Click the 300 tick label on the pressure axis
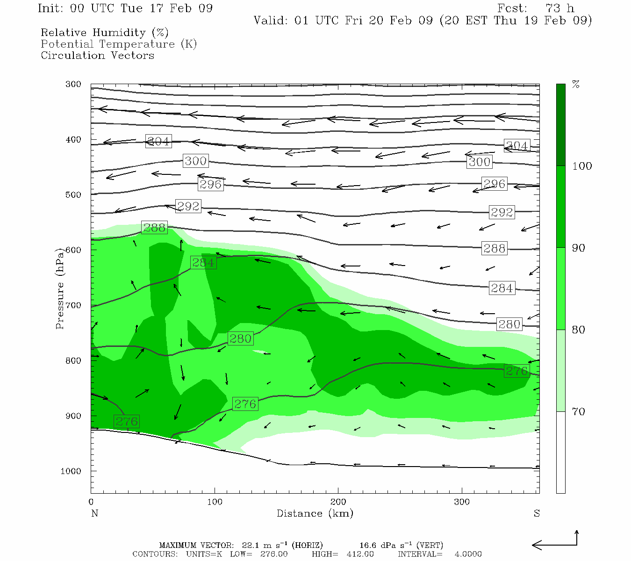coord(73,85)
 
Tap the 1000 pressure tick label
coord(71,471)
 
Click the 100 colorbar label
coord(582,166)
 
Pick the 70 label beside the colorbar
coord(579,412)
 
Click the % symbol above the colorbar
coord(576,85)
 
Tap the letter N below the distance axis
coord(94,513)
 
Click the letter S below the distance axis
coord(537,513)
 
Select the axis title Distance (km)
coord(315,513)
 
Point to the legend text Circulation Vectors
coord(97,56)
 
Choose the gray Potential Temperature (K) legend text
coord(119,44)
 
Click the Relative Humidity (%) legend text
coord(104,33)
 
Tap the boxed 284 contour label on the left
coord(203,263)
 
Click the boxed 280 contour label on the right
coord(509,324)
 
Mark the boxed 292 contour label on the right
coord(502,212)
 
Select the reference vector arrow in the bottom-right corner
coord(556,544)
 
